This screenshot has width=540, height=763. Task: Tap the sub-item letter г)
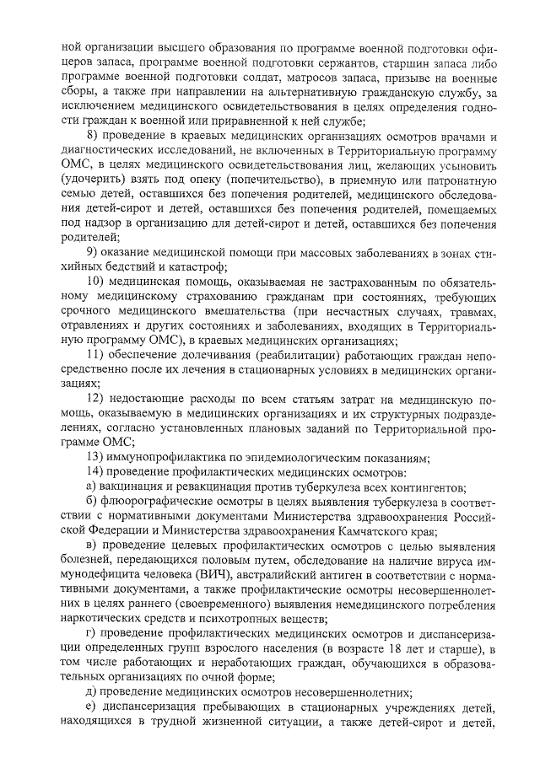coord(93,632)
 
